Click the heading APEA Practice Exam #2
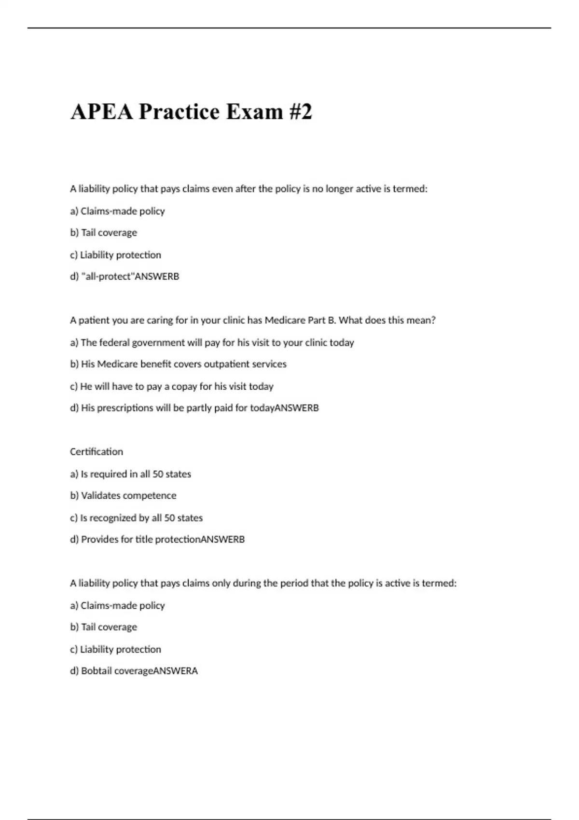191,111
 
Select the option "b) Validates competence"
123,495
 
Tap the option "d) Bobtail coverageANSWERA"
134,670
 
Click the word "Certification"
96,451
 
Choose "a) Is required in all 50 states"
130,474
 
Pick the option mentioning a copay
171,386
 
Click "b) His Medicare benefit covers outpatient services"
178,364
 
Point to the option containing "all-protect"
124,276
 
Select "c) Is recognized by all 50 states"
136,518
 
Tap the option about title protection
157,539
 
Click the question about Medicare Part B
252,320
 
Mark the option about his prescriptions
194,408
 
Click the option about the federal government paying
212,342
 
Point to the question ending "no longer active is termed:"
248,189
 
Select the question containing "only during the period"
263,583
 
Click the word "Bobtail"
96,670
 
